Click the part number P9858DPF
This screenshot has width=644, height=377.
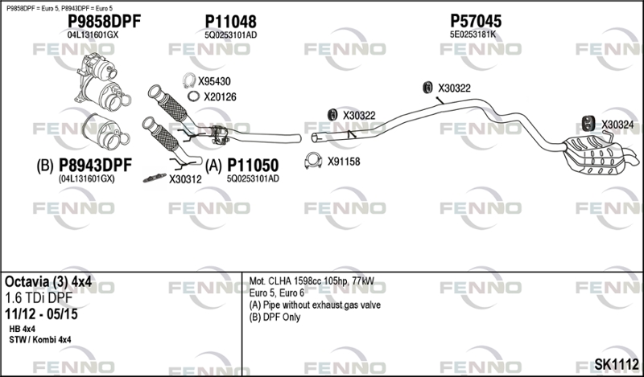point(104,22)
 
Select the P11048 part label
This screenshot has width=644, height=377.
point(230,22)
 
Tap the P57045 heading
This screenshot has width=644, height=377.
point(476,21)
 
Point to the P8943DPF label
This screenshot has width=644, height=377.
point(95,166)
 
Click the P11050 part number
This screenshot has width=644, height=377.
point(253,166)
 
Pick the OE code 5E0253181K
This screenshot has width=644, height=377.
point(473,35)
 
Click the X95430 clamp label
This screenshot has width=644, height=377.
point(214,82)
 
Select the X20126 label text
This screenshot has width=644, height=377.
point(220,96)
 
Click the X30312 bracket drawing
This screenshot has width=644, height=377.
point(155,178)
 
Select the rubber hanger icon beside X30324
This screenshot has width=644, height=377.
point(590,124)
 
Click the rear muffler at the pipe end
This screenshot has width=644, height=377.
point(597,156)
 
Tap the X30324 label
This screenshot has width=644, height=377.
point(617,125)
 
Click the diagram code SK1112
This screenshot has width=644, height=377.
point(617,364)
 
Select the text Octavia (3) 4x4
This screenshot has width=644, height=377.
point(48,282)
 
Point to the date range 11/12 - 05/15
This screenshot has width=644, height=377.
point(41,314)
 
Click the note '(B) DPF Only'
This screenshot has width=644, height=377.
point(275,317)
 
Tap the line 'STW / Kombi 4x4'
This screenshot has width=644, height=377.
point(39,340)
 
